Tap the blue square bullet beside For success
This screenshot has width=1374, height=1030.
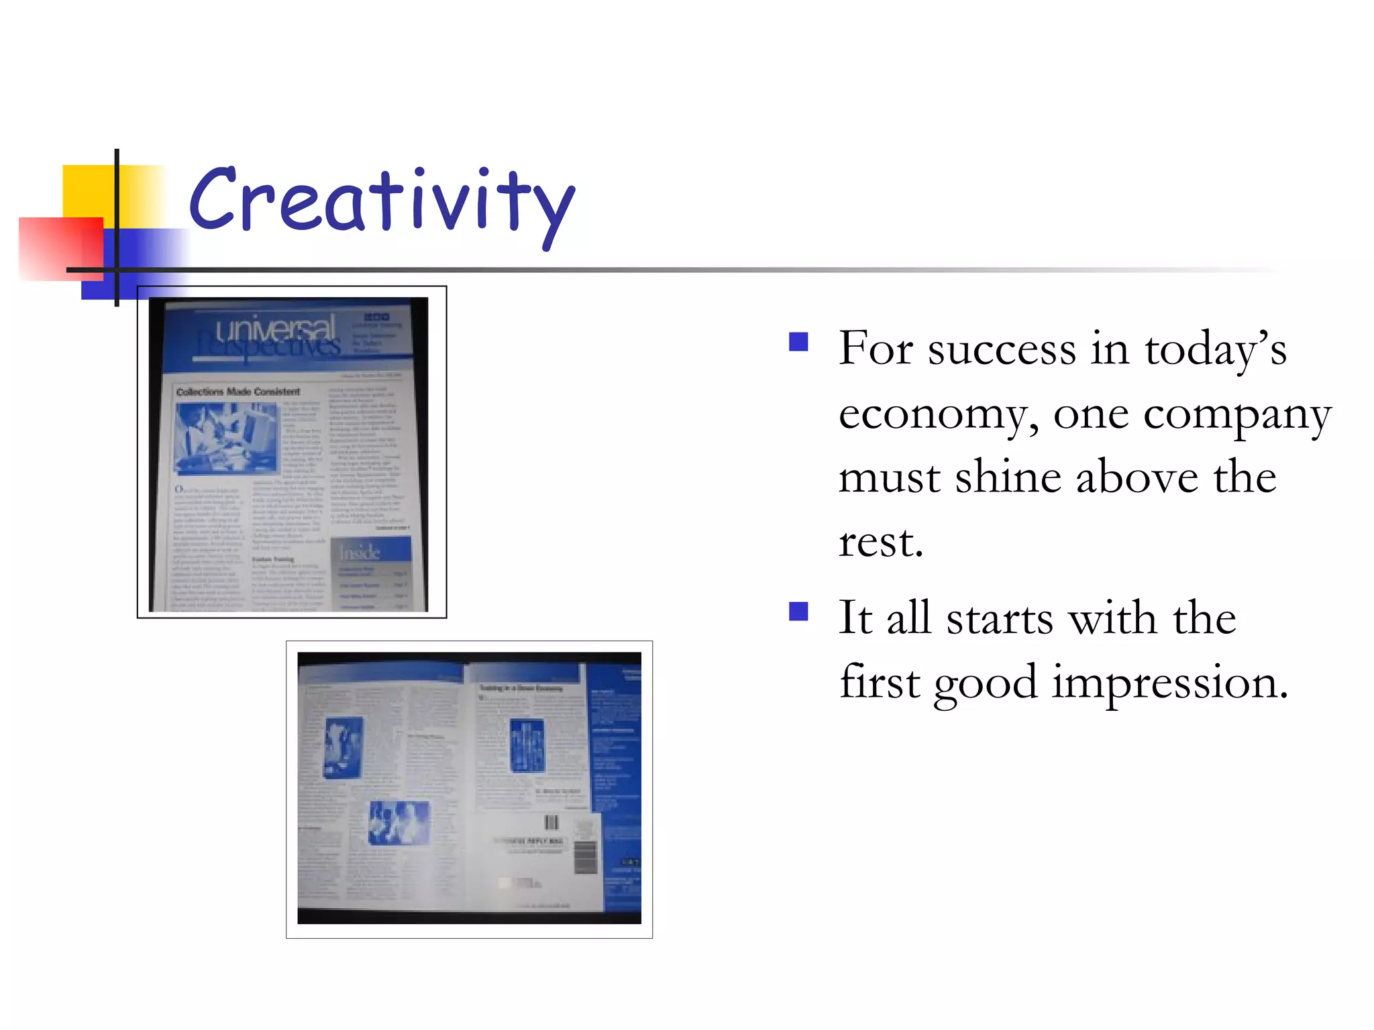pyautogui.click(x=798, y=343)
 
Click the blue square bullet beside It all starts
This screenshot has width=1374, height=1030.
pyautogui.click(x=798, y=612)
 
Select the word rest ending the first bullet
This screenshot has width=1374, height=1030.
pyautogui.click(x=880, y=542)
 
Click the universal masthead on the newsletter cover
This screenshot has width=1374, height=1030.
pyautogui.click(x=275, y=329)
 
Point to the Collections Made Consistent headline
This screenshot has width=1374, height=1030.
pyautogui.click(x=237, y=392)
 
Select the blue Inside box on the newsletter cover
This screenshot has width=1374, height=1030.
pyautogui.click(x=370, y=551)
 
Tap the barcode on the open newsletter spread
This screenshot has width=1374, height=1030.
pyautogui.click(x=551, y=823)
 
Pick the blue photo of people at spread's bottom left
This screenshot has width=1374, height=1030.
pyautogui.click(x=399, y=823)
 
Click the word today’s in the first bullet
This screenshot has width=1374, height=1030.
pyautogui.click(x=1215, y=349)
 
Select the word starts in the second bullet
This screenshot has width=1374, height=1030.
pyautogui.click(x=999, y=618)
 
